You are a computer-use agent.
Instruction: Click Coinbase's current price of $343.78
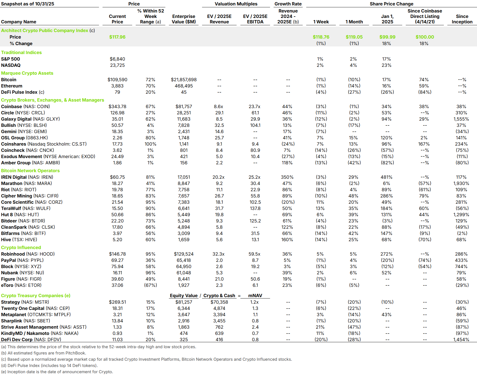point(117,106)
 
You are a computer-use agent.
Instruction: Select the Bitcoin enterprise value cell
point(184,80)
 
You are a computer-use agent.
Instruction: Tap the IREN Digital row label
point(27,177)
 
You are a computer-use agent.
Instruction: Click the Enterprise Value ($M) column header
point(184,19)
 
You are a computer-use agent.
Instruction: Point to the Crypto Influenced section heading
point(21,247)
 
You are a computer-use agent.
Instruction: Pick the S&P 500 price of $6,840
point(117,59)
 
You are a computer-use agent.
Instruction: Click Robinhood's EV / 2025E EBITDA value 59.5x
point(254,254)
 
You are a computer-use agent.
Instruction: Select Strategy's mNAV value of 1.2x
point(254,302)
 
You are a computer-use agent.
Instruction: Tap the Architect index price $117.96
point(117,37)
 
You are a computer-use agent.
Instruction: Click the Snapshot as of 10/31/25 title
point(27,4)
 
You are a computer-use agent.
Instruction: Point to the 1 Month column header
point(354,22)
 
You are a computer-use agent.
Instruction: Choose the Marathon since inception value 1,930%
point(461,183)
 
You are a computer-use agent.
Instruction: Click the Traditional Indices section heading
point(21,52)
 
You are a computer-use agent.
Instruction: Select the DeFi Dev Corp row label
point(31,340)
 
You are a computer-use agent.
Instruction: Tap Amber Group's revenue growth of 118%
point(287,163)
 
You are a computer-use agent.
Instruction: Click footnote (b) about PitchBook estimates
point(44,353)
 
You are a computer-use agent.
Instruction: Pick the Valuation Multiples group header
point(236,4)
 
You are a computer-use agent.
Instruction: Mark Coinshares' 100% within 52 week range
point(150,144)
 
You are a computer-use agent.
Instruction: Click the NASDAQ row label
point(11,65)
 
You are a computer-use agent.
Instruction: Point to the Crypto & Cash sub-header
point(219,296)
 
